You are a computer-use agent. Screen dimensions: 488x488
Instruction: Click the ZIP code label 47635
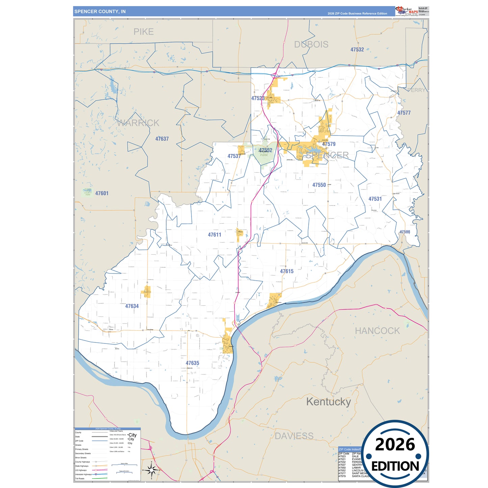[192, 363]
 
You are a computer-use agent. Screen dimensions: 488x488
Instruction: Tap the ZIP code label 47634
[132, 306]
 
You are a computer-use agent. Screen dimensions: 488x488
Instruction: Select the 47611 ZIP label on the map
[214, 235]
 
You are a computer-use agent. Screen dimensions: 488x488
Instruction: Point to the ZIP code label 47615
[287, 271]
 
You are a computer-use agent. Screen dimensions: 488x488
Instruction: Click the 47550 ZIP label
[319, 185]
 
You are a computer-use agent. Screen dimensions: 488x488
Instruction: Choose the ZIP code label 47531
[375, 199]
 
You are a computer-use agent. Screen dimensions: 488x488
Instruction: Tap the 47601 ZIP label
[102, 194]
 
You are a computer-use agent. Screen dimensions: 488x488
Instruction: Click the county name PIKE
[144, 32]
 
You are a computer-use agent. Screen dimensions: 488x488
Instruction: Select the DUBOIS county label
[311, 45]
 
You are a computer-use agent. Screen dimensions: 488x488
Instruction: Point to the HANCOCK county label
[377, 331]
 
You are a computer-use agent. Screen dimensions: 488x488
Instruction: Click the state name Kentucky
[328, 402]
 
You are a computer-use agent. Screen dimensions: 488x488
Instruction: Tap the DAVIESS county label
[294, 436]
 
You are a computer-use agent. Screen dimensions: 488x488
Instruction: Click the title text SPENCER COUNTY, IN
[100, 11]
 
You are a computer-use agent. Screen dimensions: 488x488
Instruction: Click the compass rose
[152, 469]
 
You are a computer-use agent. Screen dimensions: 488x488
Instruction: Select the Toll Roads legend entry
[80, 479]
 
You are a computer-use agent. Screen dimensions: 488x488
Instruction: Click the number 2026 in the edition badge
[395, 444]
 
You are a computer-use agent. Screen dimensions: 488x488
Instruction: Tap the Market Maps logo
[406, 11]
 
